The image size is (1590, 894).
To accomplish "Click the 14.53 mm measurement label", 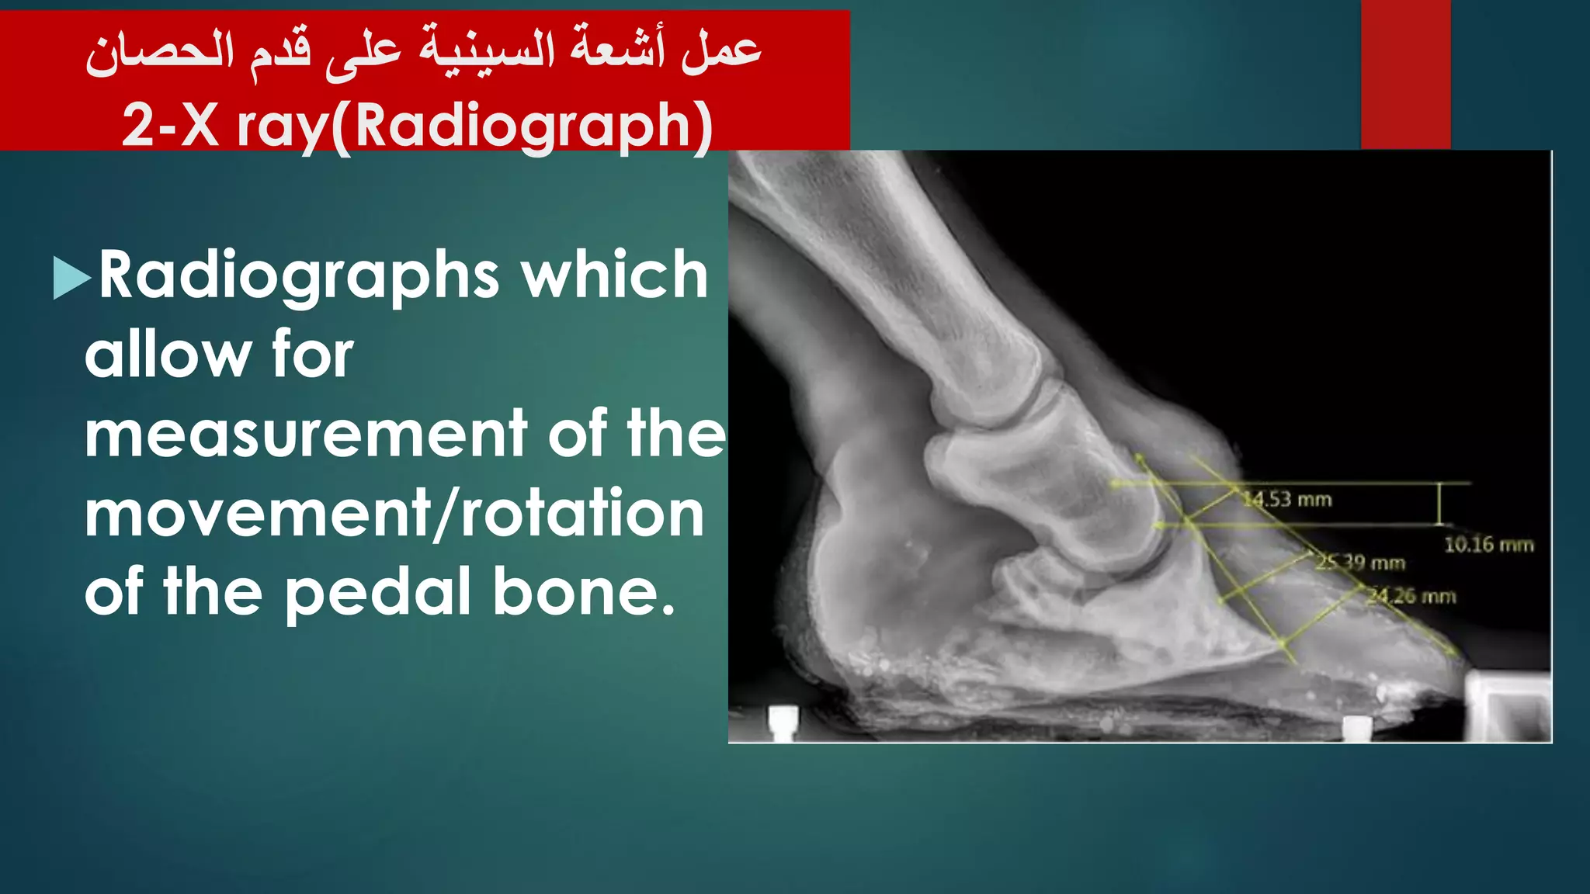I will pos(1288,499).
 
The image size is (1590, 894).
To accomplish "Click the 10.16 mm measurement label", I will pos(1488,545).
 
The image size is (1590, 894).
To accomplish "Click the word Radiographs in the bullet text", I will pos(299,275).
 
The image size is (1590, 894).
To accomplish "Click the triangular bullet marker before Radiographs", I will pos(71,278).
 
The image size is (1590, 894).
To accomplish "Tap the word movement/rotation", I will pos(394,514).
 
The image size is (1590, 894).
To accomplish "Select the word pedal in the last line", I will pos(379,593).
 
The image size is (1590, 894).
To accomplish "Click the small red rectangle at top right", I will pos(1405,74).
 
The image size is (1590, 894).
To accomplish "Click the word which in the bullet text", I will pos(614,275).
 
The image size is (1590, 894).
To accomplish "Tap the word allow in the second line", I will pos(165,355).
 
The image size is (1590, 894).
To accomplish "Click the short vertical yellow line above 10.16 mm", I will pos(1439,504).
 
